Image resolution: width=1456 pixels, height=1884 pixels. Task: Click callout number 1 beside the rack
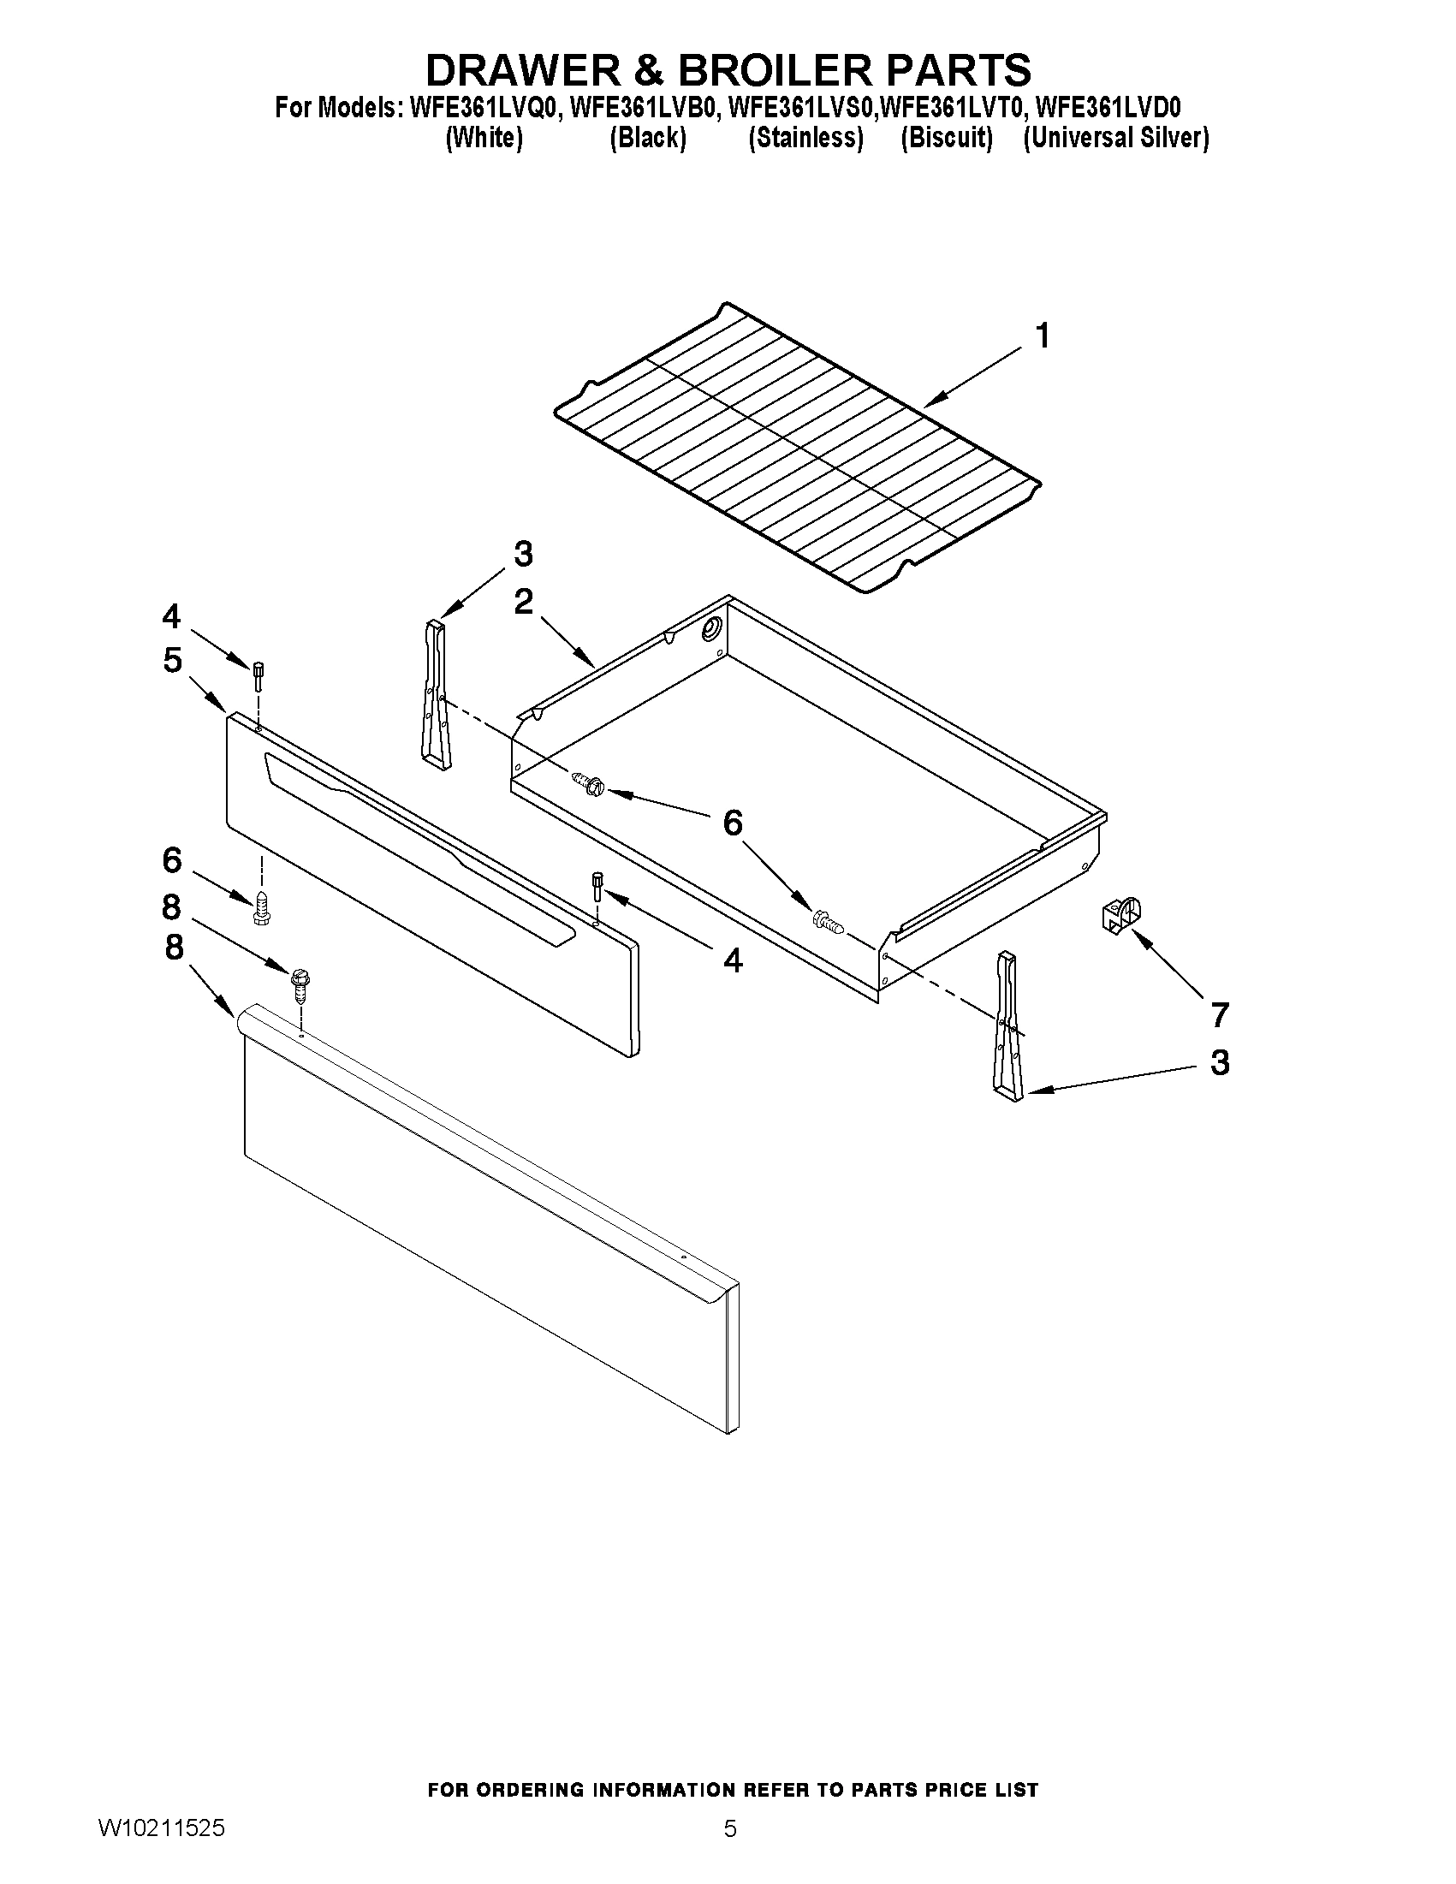[x=1042, y=336]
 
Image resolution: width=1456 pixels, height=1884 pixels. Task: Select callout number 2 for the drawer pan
[x=523, y=602]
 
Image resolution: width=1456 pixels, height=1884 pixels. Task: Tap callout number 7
[x=1218, y=1014]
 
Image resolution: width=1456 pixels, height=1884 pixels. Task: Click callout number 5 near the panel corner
[x=173, y=661]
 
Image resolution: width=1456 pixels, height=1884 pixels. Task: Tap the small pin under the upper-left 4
[x=258, y=675]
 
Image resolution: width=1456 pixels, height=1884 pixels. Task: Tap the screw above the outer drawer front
[x=300, y=984]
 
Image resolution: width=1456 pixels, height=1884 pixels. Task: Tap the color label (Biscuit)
[x=946, y=138]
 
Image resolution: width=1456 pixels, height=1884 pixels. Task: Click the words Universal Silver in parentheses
[x=1115, y=138]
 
